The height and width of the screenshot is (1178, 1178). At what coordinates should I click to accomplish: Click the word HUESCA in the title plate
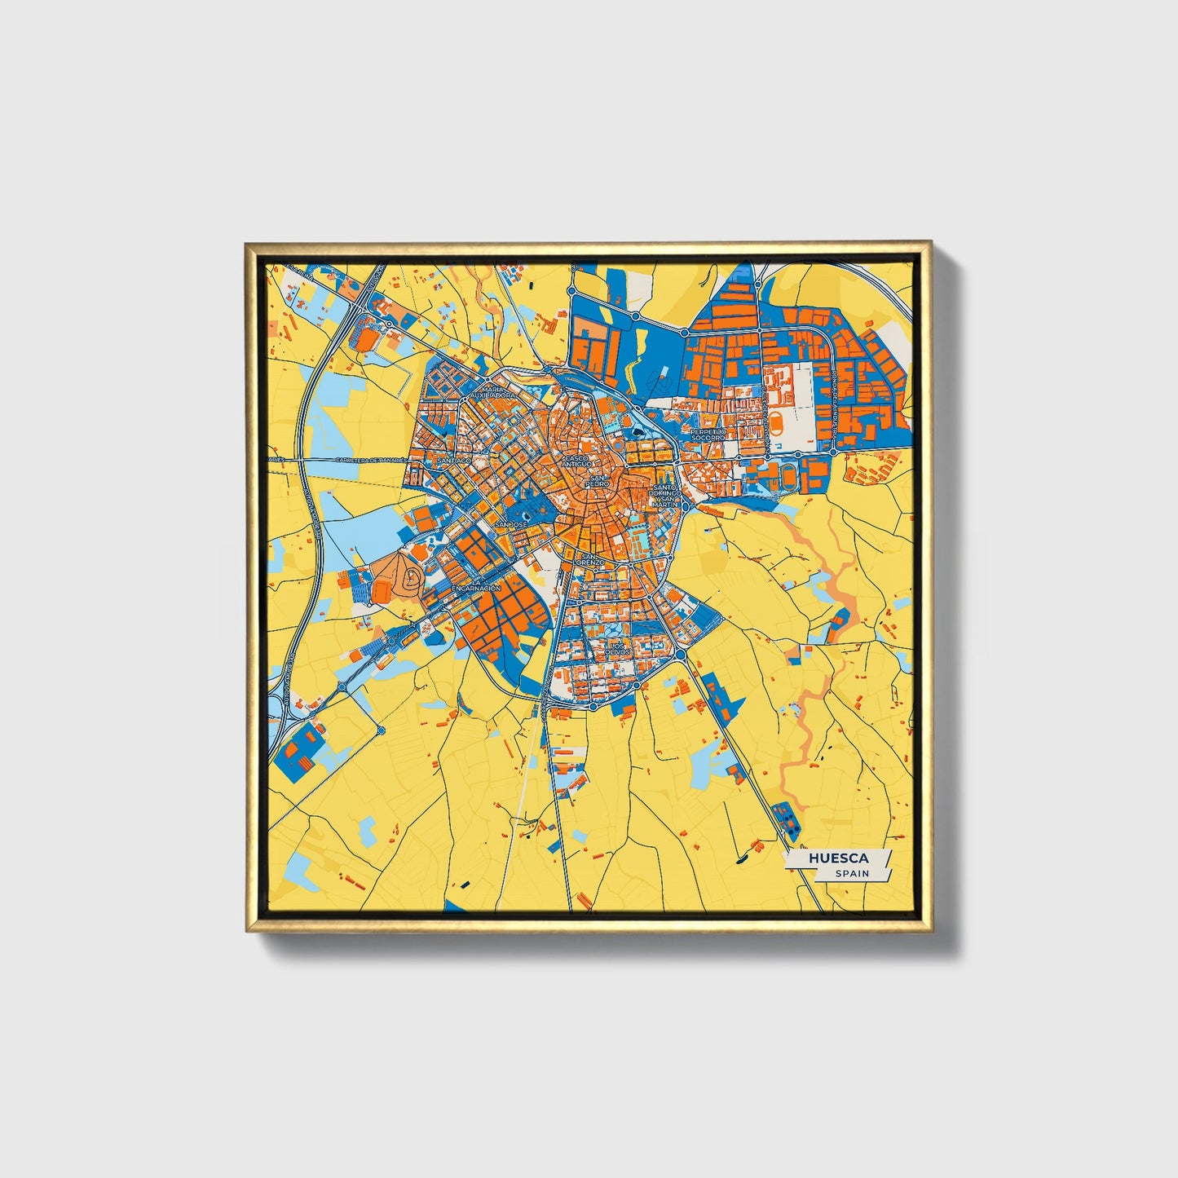point(838,858)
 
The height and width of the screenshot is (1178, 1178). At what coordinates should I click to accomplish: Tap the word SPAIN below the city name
point(851,873)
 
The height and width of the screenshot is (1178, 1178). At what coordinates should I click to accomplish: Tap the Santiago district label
point(454,461)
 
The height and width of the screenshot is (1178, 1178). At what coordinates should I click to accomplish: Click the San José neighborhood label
point(511,524)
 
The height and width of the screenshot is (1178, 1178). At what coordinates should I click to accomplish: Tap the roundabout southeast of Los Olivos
point(680,655)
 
